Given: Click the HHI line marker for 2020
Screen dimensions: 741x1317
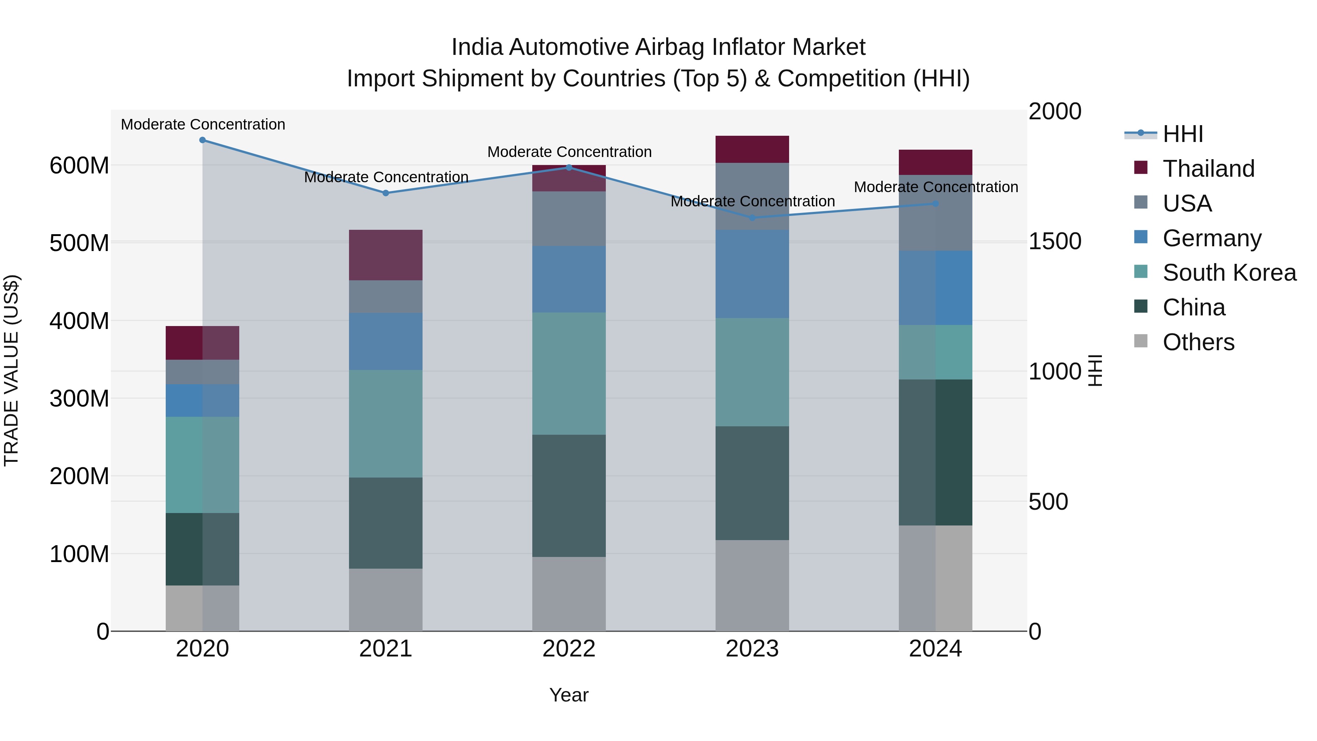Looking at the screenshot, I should (x=202, y=140).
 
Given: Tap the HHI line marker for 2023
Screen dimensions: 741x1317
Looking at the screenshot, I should (x=752, y=218).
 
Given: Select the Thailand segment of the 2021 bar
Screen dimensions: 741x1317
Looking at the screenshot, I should (x=386, y=255).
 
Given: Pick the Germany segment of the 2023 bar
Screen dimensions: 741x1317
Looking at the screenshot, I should (x=752, y=274).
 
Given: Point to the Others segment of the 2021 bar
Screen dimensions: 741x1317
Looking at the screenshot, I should (x=386, y=599).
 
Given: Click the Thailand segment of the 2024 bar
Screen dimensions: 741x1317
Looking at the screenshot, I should (x=935, y=162).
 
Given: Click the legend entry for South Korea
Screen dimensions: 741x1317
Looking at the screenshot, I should (x=1229, y=273).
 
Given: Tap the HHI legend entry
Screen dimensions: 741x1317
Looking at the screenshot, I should (x=1182, y=134).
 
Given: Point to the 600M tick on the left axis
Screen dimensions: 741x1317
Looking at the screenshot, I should (x=79, y=166).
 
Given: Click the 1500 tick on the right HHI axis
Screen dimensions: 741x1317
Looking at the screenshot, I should (x=1055, y=242).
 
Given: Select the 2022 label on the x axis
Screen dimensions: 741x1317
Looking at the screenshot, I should (x=569, y=649).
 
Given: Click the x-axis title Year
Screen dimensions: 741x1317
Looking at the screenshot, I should (x=569, y=695).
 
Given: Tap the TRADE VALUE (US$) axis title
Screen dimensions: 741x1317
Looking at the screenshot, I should (x=11, y=370).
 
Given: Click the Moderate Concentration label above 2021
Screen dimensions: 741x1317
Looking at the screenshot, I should (x=386, y=177).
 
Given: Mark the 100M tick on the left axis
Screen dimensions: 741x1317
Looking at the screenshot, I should (x=79, y=554).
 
